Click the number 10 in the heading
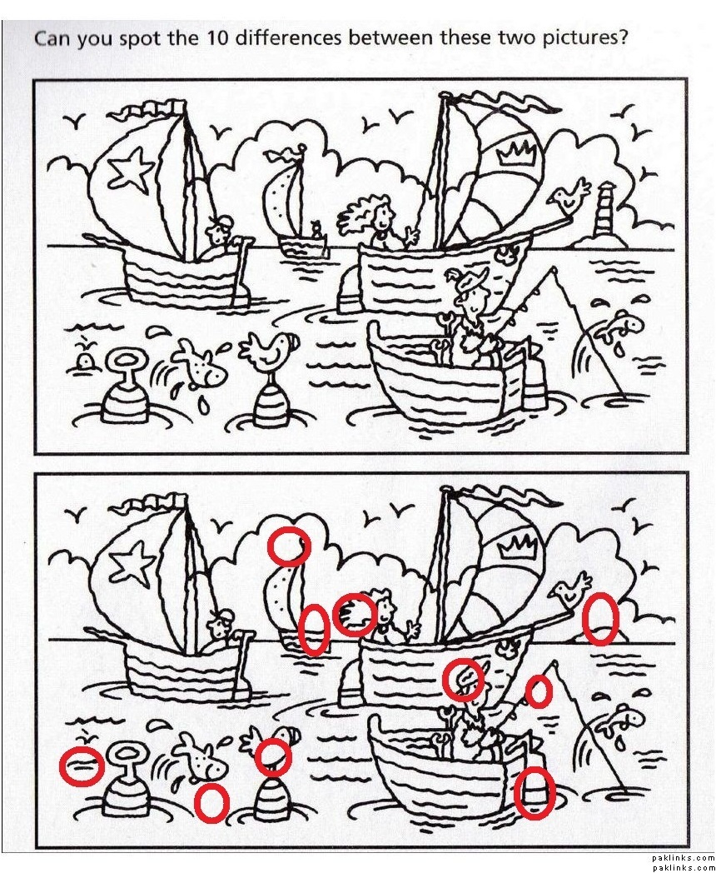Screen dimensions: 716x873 coord(220,37)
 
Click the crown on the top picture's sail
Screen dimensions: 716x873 coord(519,151)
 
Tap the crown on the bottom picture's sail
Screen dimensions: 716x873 coord(519,546)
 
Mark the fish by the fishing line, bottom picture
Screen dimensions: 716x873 coord(619,721)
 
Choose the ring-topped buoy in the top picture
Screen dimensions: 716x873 coord(126,391)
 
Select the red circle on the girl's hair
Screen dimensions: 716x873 coord(355,614)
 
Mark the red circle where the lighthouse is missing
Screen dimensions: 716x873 coord(600,619)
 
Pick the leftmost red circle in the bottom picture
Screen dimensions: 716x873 coord(82,766)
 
